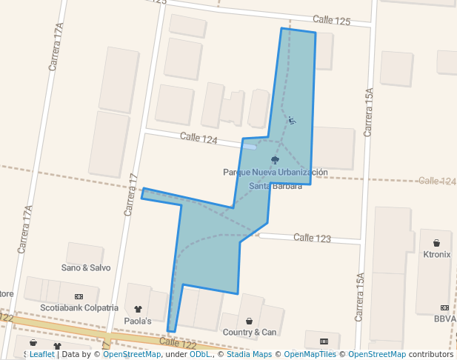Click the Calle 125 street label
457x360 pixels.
(x=331, y=20)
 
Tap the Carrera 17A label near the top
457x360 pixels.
(x=56, y=46)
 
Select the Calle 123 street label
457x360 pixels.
(x=312, y=238)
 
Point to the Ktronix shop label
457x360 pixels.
(x=436, y=254)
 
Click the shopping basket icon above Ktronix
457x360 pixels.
(x=436, y=243)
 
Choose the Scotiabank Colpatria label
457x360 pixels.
(x=79, y=307)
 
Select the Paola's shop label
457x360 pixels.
(x=138, y=321)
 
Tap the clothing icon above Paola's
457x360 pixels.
(x=138, y=309)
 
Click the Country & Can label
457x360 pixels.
(x=250, y=332)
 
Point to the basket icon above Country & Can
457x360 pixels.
(x=250, y=321)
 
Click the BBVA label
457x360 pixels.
(x=444, y=319)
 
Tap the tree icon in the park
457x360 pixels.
(x=276, y=160)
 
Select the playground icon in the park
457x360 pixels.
(x=292, y=120)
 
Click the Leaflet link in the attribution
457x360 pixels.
(x=41, y=355)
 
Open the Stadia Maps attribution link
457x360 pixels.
(x=247, y=355)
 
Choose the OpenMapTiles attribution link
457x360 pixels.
(x=307, y=355)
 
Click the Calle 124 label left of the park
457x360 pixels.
(x=199, y=139)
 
